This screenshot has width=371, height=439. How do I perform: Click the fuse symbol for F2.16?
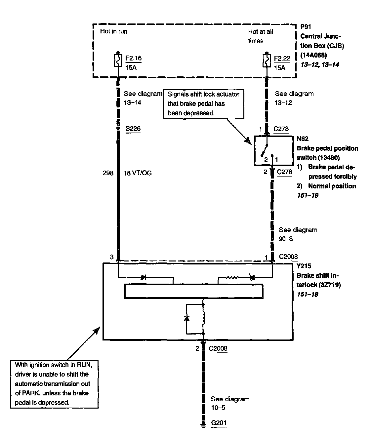(x=118, y=60)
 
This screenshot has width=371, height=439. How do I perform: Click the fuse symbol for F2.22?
(x=267, y=60)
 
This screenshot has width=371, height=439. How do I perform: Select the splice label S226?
(x=133, y=129)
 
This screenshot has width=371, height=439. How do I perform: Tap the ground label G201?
(x=219, y=423)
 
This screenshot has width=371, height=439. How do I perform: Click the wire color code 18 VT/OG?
(x=138, y=173)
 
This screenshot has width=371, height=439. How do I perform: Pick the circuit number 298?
(x=108, y=173)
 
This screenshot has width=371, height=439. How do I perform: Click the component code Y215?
(x=304, y=266)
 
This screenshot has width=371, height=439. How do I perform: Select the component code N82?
(x=303, y=139)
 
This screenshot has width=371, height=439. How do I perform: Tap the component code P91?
(x=306, y=27)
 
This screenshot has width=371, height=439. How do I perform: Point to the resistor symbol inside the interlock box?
(x=231, y=278)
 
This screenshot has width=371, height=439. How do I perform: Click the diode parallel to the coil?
(x=186, y=318)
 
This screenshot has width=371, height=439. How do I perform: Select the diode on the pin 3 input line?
(x=144, y=277)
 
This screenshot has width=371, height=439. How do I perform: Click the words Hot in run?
(x=114, y=31)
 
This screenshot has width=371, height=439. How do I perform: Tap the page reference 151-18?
(x=307, y=294)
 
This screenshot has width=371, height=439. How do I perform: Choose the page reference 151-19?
(x=308, y=195)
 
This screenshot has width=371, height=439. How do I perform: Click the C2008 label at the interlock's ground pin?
(x=218, y=348)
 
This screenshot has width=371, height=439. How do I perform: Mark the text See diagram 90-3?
(x=298, y=234)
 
